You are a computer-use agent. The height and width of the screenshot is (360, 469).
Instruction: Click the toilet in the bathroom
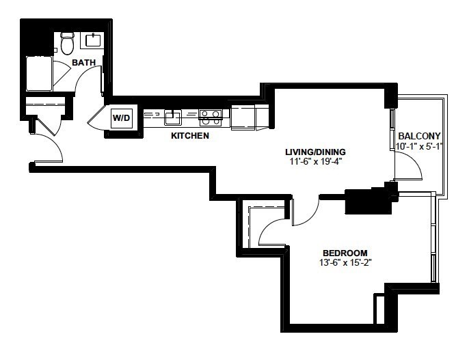coord(67,43)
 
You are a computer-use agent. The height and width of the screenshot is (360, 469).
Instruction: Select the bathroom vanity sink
coord(94,40)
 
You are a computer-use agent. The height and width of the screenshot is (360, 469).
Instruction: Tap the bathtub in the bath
coord(39,74)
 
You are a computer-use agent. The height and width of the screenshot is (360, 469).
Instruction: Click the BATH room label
coord(83,62)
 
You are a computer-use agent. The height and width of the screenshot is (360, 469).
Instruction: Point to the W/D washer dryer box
coord(122,117)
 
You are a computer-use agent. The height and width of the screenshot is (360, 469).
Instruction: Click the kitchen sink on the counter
coord(172,117)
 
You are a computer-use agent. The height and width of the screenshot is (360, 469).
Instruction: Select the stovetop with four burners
coord(211,117)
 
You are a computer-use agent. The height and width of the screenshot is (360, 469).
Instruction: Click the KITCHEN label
coord(190,136)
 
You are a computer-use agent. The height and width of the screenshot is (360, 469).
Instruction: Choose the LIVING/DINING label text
coord(316,152)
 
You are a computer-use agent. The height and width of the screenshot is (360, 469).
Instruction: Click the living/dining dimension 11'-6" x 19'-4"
coord(316,162)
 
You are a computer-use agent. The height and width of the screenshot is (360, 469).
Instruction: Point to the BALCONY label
coord(419,136)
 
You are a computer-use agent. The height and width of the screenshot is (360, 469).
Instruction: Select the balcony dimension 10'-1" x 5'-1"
coord(419,146)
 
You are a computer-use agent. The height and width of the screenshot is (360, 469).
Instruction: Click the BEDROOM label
coord(345,253)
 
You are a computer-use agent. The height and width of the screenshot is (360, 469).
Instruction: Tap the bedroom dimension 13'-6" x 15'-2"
coord(345,263)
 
